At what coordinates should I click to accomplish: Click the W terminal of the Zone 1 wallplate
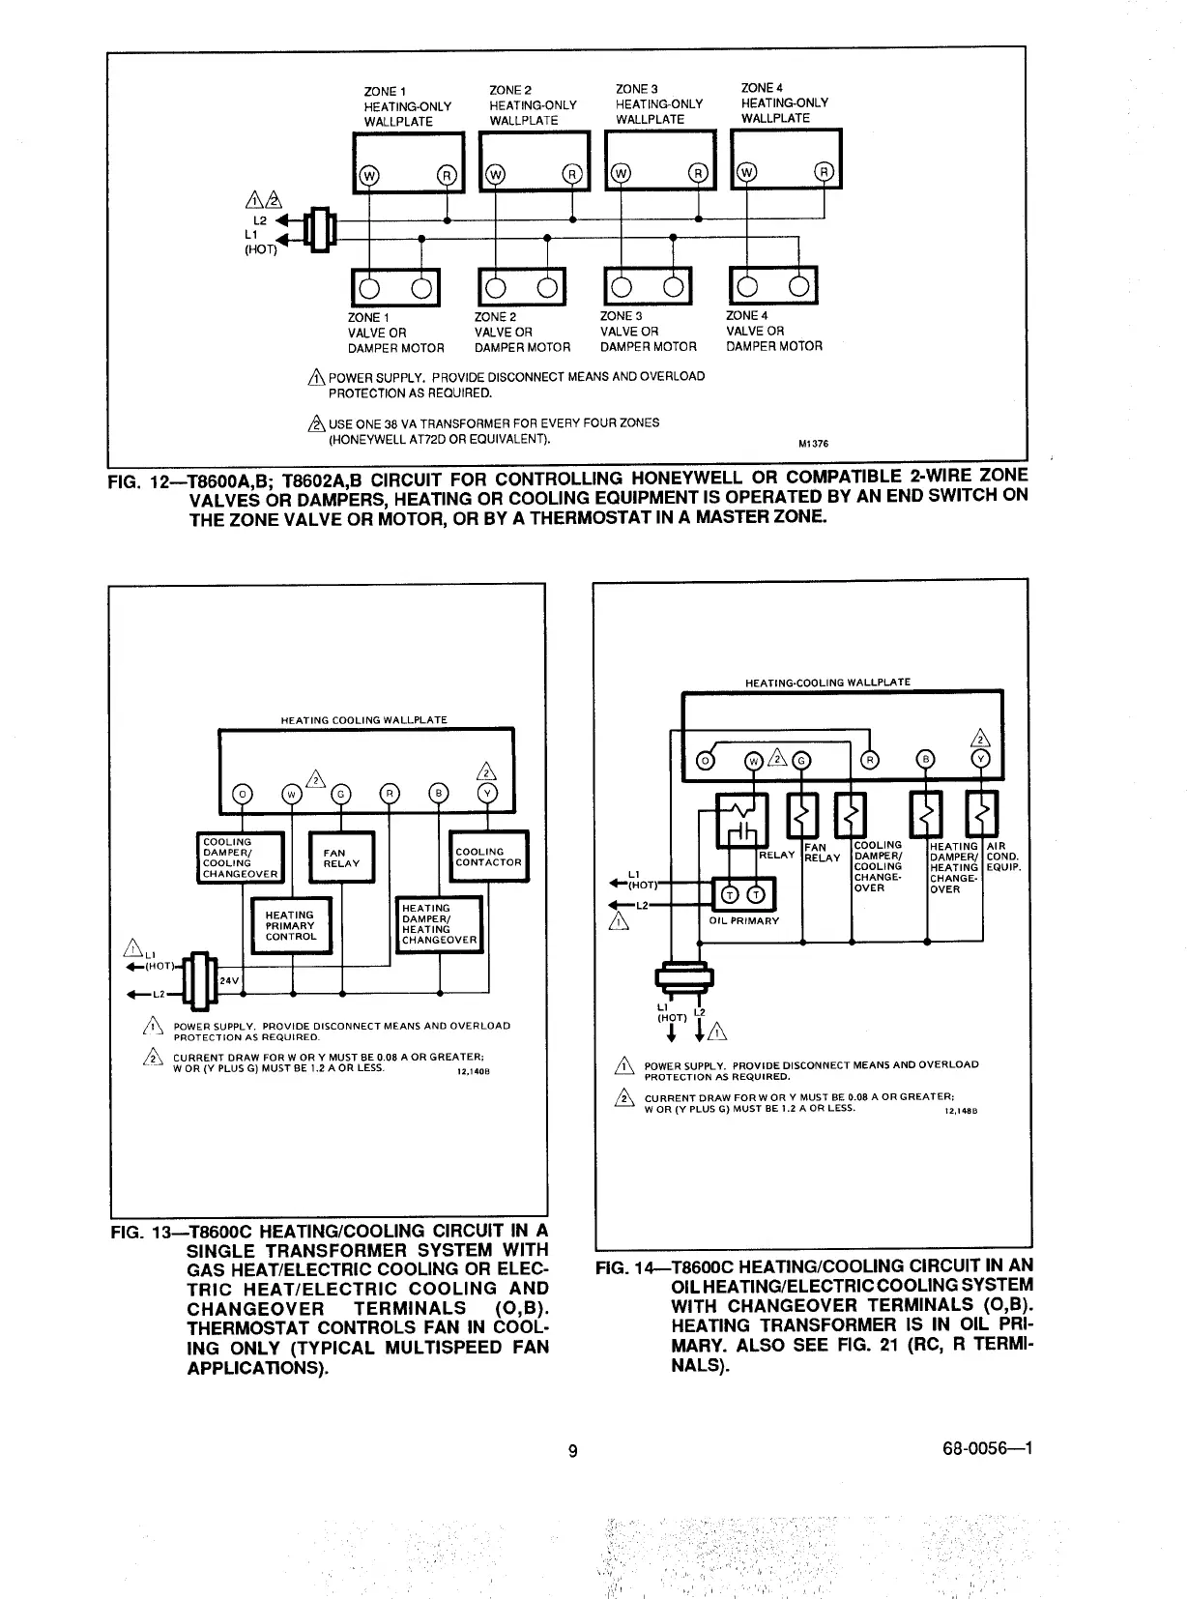click(368, 175)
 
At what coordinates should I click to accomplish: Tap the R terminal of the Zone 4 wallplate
click(824, 173)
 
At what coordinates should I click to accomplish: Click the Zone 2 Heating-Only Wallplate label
click(533, 105)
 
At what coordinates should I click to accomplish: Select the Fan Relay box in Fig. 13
click(340, 858)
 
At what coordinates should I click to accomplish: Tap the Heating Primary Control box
click(291, 925)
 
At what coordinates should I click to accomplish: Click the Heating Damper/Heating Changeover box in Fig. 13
click(440, 924)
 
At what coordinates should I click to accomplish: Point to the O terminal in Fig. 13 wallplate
click(242, 795)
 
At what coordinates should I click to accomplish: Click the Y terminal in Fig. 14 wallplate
click(982, 760)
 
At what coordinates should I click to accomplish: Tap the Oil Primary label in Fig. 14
click(743, 920)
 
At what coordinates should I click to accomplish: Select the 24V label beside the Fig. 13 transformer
click(229, 980)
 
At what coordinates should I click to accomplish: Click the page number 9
click(573, 1450)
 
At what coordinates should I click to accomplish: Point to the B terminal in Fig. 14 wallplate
click(926, 760)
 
